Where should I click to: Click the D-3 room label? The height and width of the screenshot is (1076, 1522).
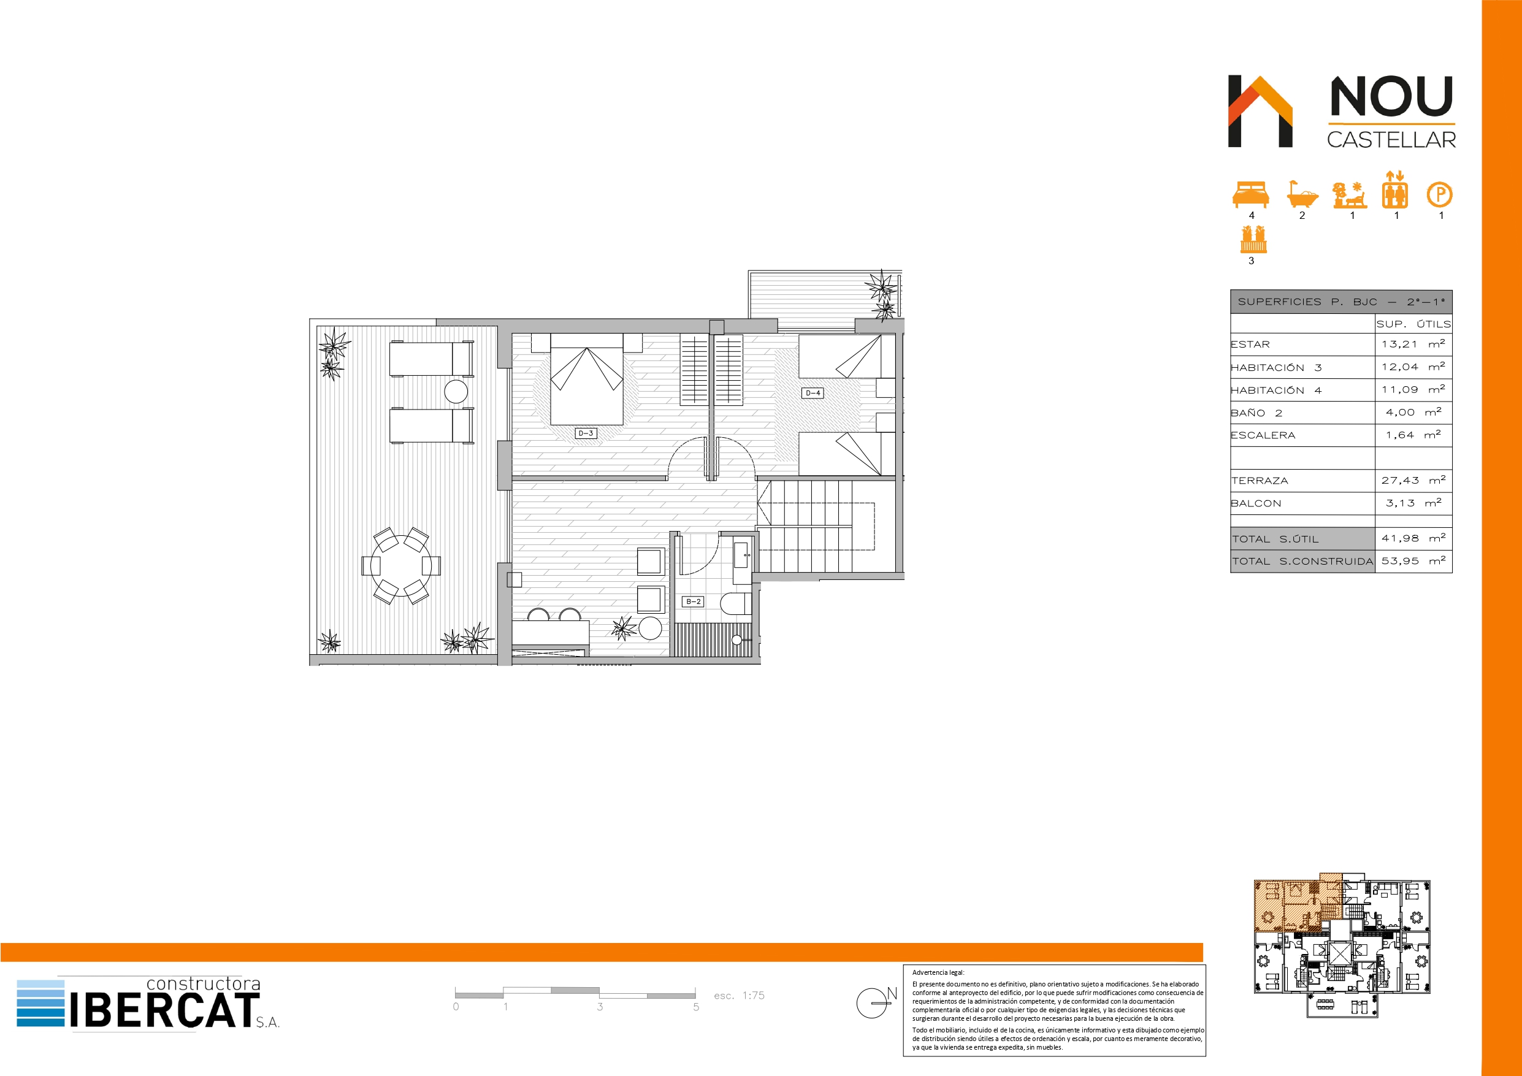tap(586, 433)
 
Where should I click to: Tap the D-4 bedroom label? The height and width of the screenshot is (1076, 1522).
tap(813, 392)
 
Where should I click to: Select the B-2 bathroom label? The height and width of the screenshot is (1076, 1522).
tap(693, 601)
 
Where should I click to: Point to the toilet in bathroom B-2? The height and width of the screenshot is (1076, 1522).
tap(735, 604)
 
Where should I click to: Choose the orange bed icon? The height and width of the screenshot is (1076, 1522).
tap(1251, 194)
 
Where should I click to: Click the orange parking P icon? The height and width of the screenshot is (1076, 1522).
tap(1440, 194)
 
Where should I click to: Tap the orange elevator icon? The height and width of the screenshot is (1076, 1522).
tap(1394, 189)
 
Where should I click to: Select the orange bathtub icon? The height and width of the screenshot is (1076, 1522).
tap(1302, 194)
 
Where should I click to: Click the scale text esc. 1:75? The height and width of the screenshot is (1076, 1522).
tap(739, 995)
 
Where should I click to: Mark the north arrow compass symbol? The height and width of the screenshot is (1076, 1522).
tap(876, 1002)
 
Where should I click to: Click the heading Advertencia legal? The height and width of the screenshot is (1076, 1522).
tap(939, 972)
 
